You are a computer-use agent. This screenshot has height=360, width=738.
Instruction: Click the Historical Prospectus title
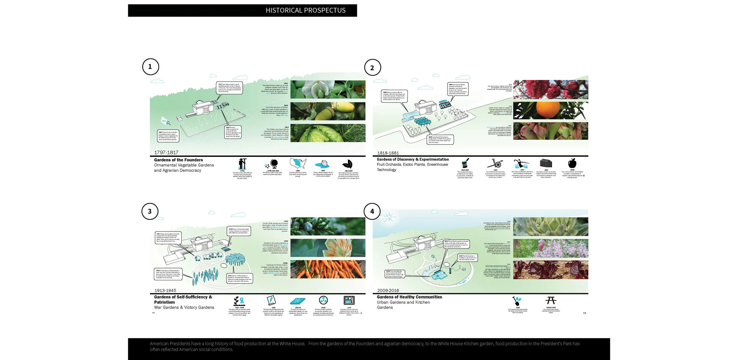305,10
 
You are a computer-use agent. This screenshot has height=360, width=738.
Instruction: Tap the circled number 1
150,66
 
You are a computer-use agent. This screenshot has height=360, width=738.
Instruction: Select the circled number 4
372,211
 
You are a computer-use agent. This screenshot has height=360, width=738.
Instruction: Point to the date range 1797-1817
166,152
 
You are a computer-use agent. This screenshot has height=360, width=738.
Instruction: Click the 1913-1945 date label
165,290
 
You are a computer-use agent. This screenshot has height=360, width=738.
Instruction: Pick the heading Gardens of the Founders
178,160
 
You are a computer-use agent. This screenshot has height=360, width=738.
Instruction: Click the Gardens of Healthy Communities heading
409,297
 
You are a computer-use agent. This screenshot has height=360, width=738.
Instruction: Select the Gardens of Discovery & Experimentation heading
413,160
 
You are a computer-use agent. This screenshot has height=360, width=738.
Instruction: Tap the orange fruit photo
550,110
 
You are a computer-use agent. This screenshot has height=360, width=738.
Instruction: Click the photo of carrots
328,269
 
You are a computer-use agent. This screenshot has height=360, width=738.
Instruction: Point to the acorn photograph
328,111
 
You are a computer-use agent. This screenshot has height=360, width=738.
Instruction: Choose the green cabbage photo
328,133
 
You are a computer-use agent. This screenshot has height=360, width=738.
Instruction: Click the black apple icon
572,163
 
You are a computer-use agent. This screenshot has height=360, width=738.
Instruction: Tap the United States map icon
298,163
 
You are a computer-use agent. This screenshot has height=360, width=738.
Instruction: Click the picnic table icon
551,300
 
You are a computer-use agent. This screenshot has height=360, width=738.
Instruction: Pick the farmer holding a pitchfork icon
242,163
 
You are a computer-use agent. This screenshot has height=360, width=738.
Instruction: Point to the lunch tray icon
349,300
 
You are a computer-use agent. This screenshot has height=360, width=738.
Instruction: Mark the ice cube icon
323,164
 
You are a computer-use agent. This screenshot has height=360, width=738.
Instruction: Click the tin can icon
465,163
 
